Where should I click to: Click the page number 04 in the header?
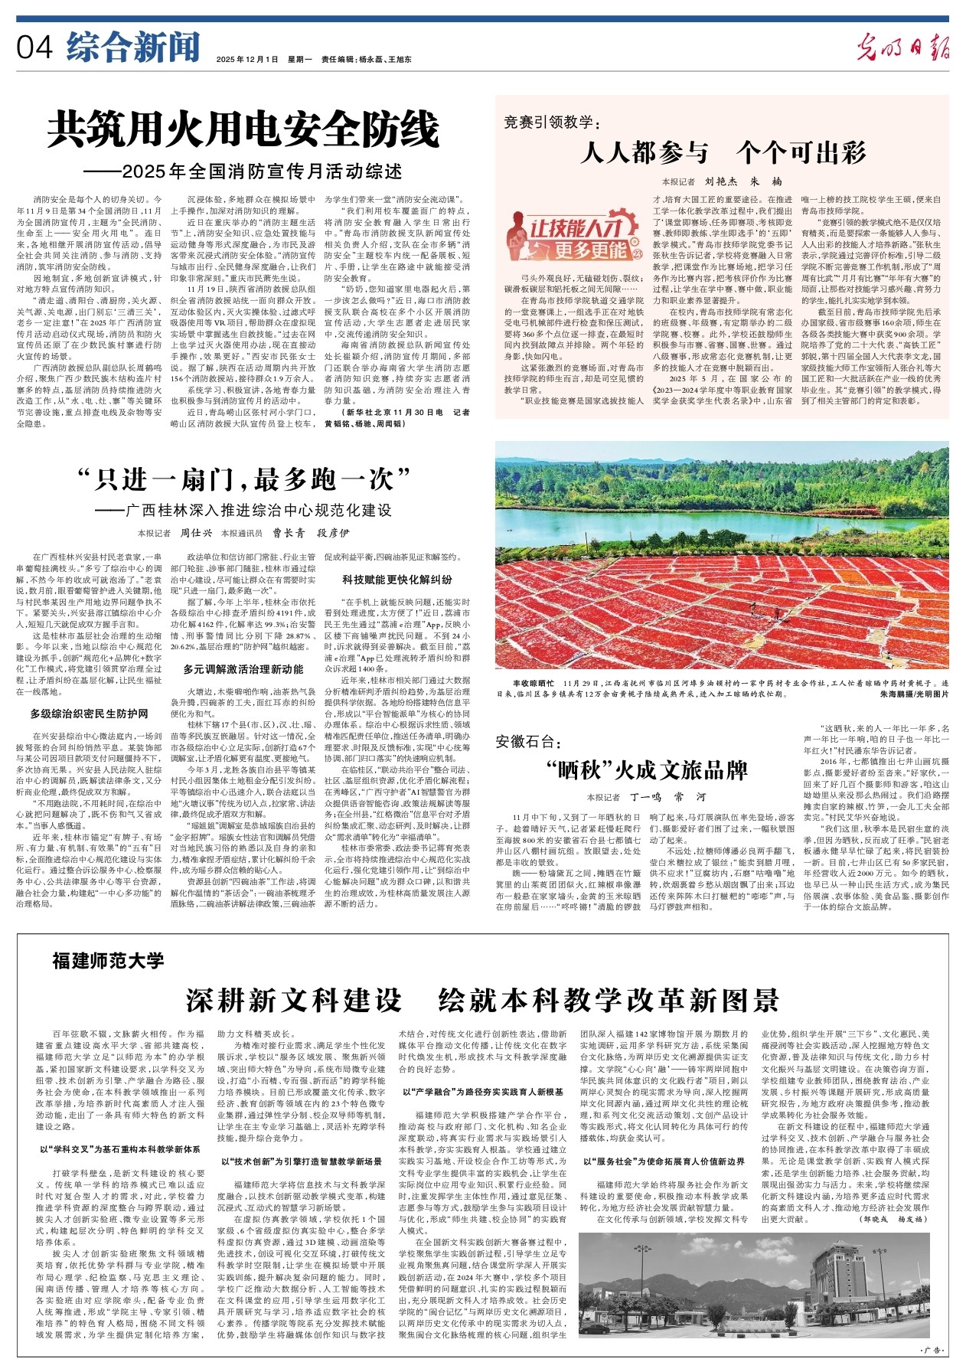[x=34, y=47]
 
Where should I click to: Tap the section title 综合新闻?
[x=133, y=47]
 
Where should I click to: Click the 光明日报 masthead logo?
[x=902, y=48]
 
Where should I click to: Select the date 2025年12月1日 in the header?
[x=247, y=59]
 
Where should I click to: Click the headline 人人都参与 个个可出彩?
[x=723, y=152]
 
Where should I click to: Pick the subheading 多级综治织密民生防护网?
[x=90, y=714]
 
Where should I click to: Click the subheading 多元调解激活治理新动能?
[x=243, y=669]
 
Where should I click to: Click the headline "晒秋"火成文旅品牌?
[x=647, y=769]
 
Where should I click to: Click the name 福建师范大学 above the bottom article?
[x=108, y=960]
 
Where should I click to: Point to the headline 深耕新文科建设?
[x=294, y=1000]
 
